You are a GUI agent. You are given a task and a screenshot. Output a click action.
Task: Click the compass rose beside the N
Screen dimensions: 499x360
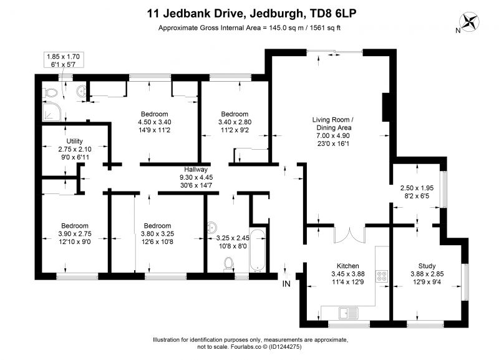coord(470,21)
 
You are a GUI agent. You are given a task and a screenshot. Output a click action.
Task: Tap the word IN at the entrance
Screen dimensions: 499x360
coord(286,284)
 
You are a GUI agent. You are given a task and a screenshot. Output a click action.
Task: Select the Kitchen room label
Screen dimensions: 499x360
coord(348,266)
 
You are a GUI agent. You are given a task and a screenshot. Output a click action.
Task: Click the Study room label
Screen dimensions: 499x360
coord(427,266)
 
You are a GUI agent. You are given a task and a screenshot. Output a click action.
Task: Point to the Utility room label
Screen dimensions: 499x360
coord(74,141)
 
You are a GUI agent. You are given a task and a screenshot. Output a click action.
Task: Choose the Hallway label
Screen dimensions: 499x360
coord(196,169)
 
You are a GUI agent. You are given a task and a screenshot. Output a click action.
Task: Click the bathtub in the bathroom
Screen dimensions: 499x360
coord(258,251)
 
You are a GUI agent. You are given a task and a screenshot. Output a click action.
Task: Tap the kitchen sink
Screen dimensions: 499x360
coord(349,313)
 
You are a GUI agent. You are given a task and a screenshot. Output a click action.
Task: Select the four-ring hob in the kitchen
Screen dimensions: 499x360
coord(382,276)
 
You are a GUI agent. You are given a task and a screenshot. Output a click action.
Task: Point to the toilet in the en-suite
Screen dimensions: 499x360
coord(51,93)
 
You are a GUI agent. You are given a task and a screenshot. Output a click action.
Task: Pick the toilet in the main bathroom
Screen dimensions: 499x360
coord(228,265)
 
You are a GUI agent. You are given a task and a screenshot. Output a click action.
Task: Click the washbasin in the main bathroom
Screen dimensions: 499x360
coord(211,227)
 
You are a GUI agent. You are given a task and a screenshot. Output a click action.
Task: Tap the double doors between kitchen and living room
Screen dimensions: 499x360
coord(349,235)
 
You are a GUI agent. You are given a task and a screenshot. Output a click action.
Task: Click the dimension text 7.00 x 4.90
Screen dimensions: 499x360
coord(333,135)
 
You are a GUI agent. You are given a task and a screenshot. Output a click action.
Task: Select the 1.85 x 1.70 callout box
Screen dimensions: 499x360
coord(64,60)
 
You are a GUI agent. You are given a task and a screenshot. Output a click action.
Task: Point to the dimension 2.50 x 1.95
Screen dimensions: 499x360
coord(417,188)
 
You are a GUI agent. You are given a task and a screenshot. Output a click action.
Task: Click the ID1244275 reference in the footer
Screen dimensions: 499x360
coord(285,347)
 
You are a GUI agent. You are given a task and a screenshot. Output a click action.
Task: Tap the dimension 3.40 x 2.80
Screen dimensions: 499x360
coord(235,122)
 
